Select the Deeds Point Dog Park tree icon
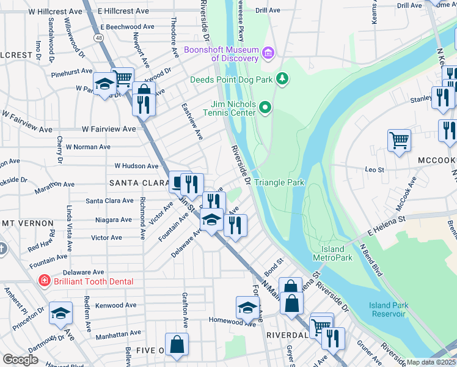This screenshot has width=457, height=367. [x=282, y=78]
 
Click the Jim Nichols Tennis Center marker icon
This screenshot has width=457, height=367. [x=265, y=108]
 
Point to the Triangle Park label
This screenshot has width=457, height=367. [x=279, y=182]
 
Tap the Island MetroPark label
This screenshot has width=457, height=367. [x=333, y=253]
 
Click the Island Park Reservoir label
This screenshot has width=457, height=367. [x=387, y=310]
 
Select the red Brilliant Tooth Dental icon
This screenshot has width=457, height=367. [x=44, y=281]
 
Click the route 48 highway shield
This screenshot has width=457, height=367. [x=98, y=37]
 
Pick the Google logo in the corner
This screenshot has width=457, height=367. [x=20, y=360]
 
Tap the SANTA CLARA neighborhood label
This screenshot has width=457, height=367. [x=139, y=183]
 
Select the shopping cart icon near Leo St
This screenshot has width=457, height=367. [x=399, y=140]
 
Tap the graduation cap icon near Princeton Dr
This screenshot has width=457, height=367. [x=60, y=313]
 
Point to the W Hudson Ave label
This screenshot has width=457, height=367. [x=136, y=166]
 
